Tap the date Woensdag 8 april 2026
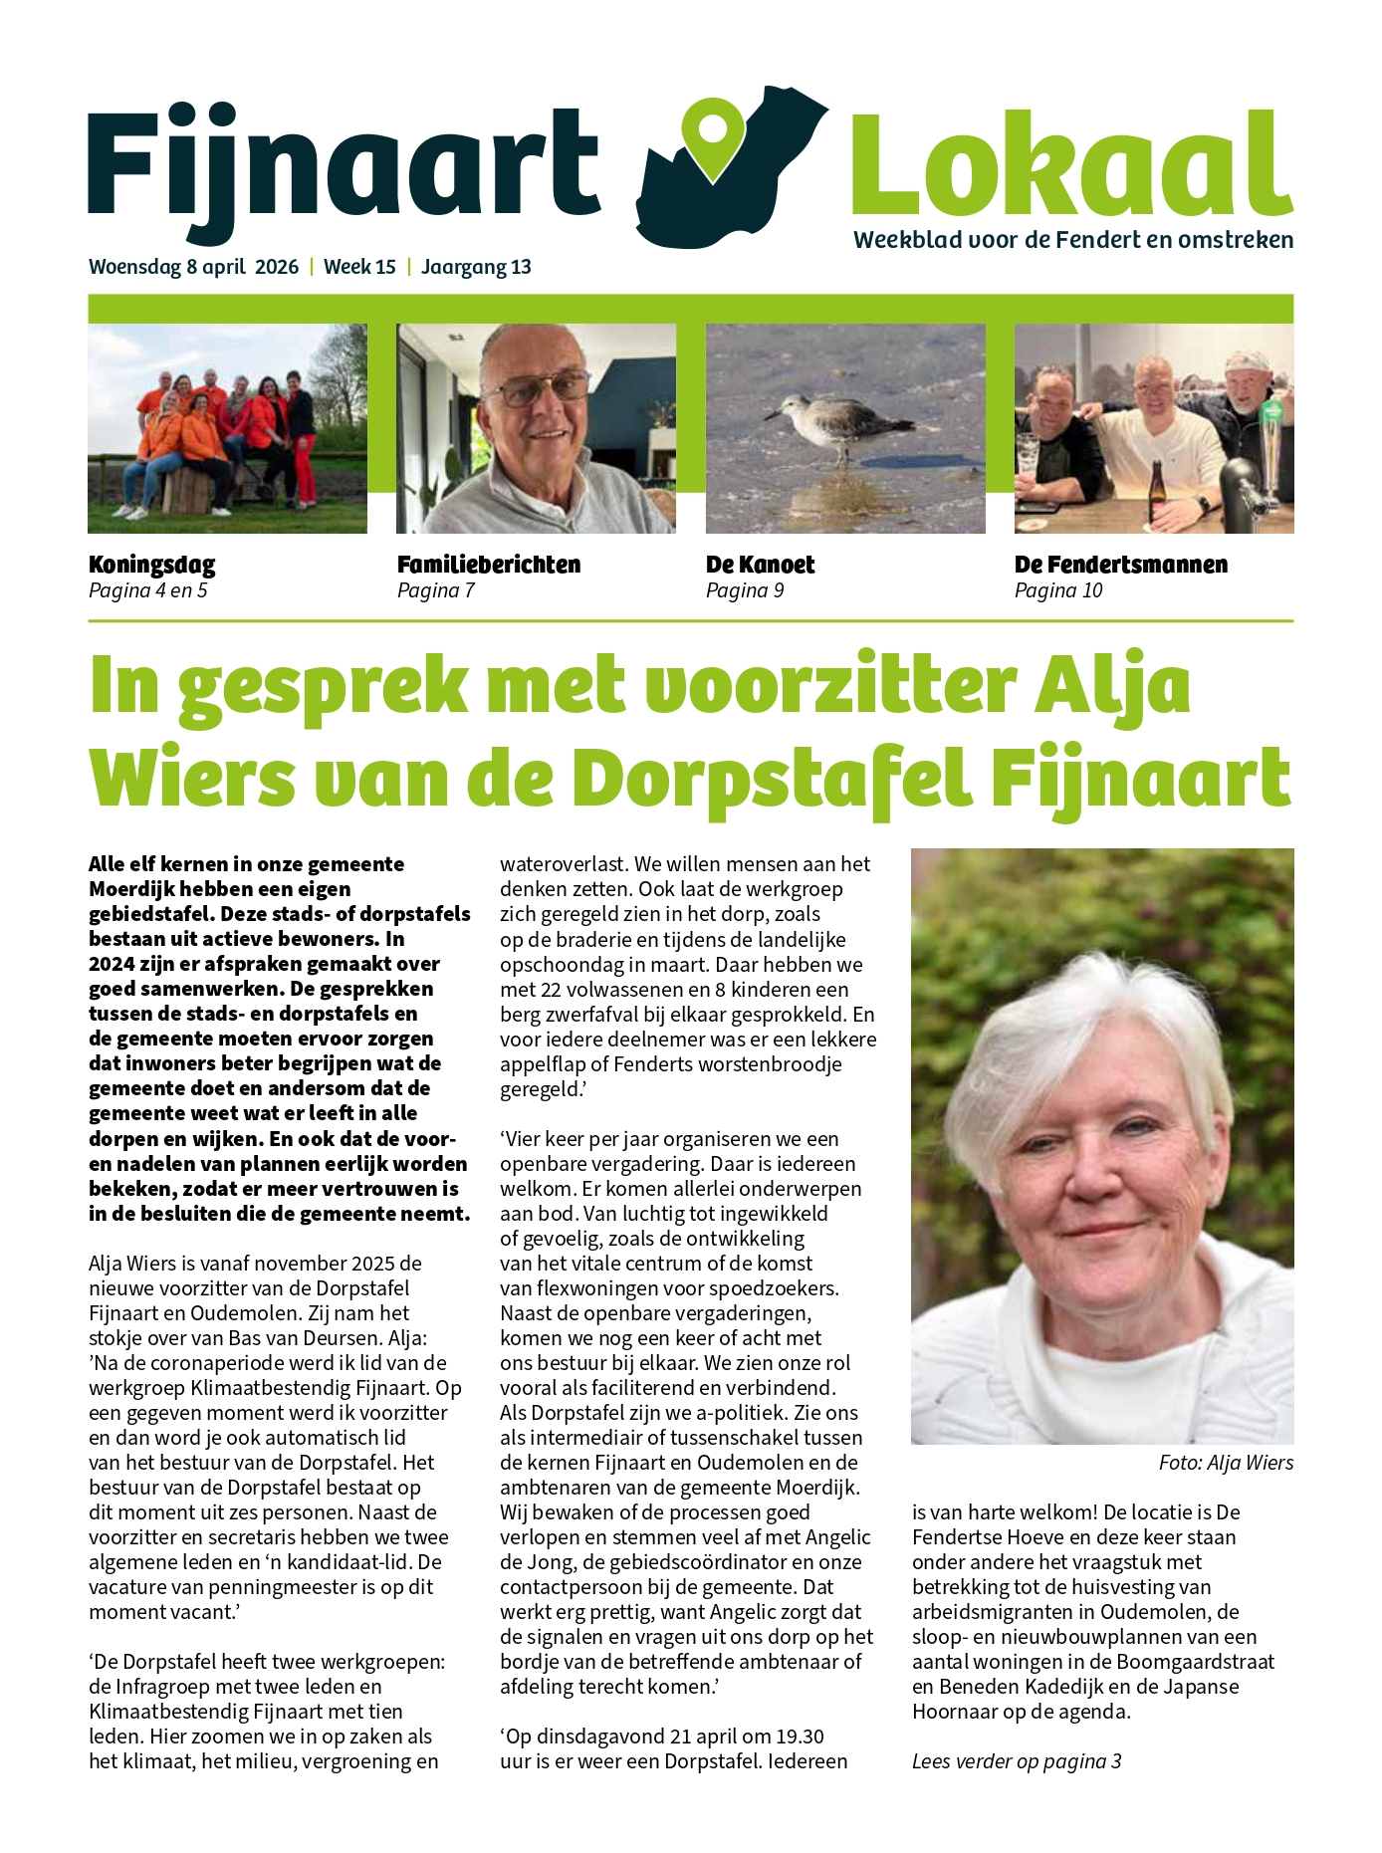tap(193, 267)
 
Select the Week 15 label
tap(359, 267)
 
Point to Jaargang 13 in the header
tap(476, 267)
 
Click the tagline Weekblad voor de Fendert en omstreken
tap(1073, 240)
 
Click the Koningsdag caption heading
tap(151, 565)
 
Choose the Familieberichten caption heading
tap(488, 565)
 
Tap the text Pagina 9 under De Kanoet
tap(744, 590)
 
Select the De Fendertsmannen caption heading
tap(1120, 565)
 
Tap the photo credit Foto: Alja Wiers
tap(1226, 1463)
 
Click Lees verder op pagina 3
tap(1016, 1761)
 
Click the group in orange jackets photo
tap(227, 428)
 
